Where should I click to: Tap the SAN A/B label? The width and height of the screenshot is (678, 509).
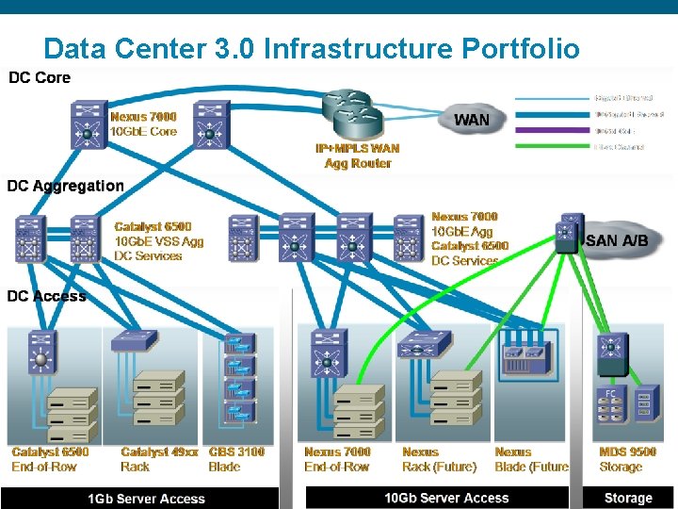617,240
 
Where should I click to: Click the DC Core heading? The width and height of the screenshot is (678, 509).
40,77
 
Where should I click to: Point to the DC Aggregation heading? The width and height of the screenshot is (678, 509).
66,186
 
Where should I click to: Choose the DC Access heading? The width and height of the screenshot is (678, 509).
47,296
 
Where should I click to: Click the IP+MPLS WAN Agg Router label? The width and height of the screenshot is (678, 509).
357,156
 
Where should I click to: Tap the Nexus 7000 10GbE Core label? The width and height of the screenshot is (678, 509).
143,123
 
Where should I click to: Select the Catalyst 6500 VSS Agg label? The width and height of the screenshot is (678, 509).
158,240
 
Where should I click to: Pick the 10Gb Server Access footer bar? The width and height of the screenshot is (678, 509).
446,498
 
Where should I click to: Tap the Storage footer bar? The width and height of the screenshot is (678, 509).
628,498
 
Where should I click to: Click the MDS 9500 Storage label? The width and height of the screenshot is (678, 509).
627,459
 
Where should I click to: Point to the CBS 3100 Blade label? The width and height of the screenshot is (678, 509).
236,459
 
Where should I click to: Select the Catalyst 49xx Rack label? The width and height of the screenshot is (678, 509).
159,459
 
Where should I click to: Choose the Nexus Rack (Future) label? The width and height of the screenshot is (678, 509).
439,459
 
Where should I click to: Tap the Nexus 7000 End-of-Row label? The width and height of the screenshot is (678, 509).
337,459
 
